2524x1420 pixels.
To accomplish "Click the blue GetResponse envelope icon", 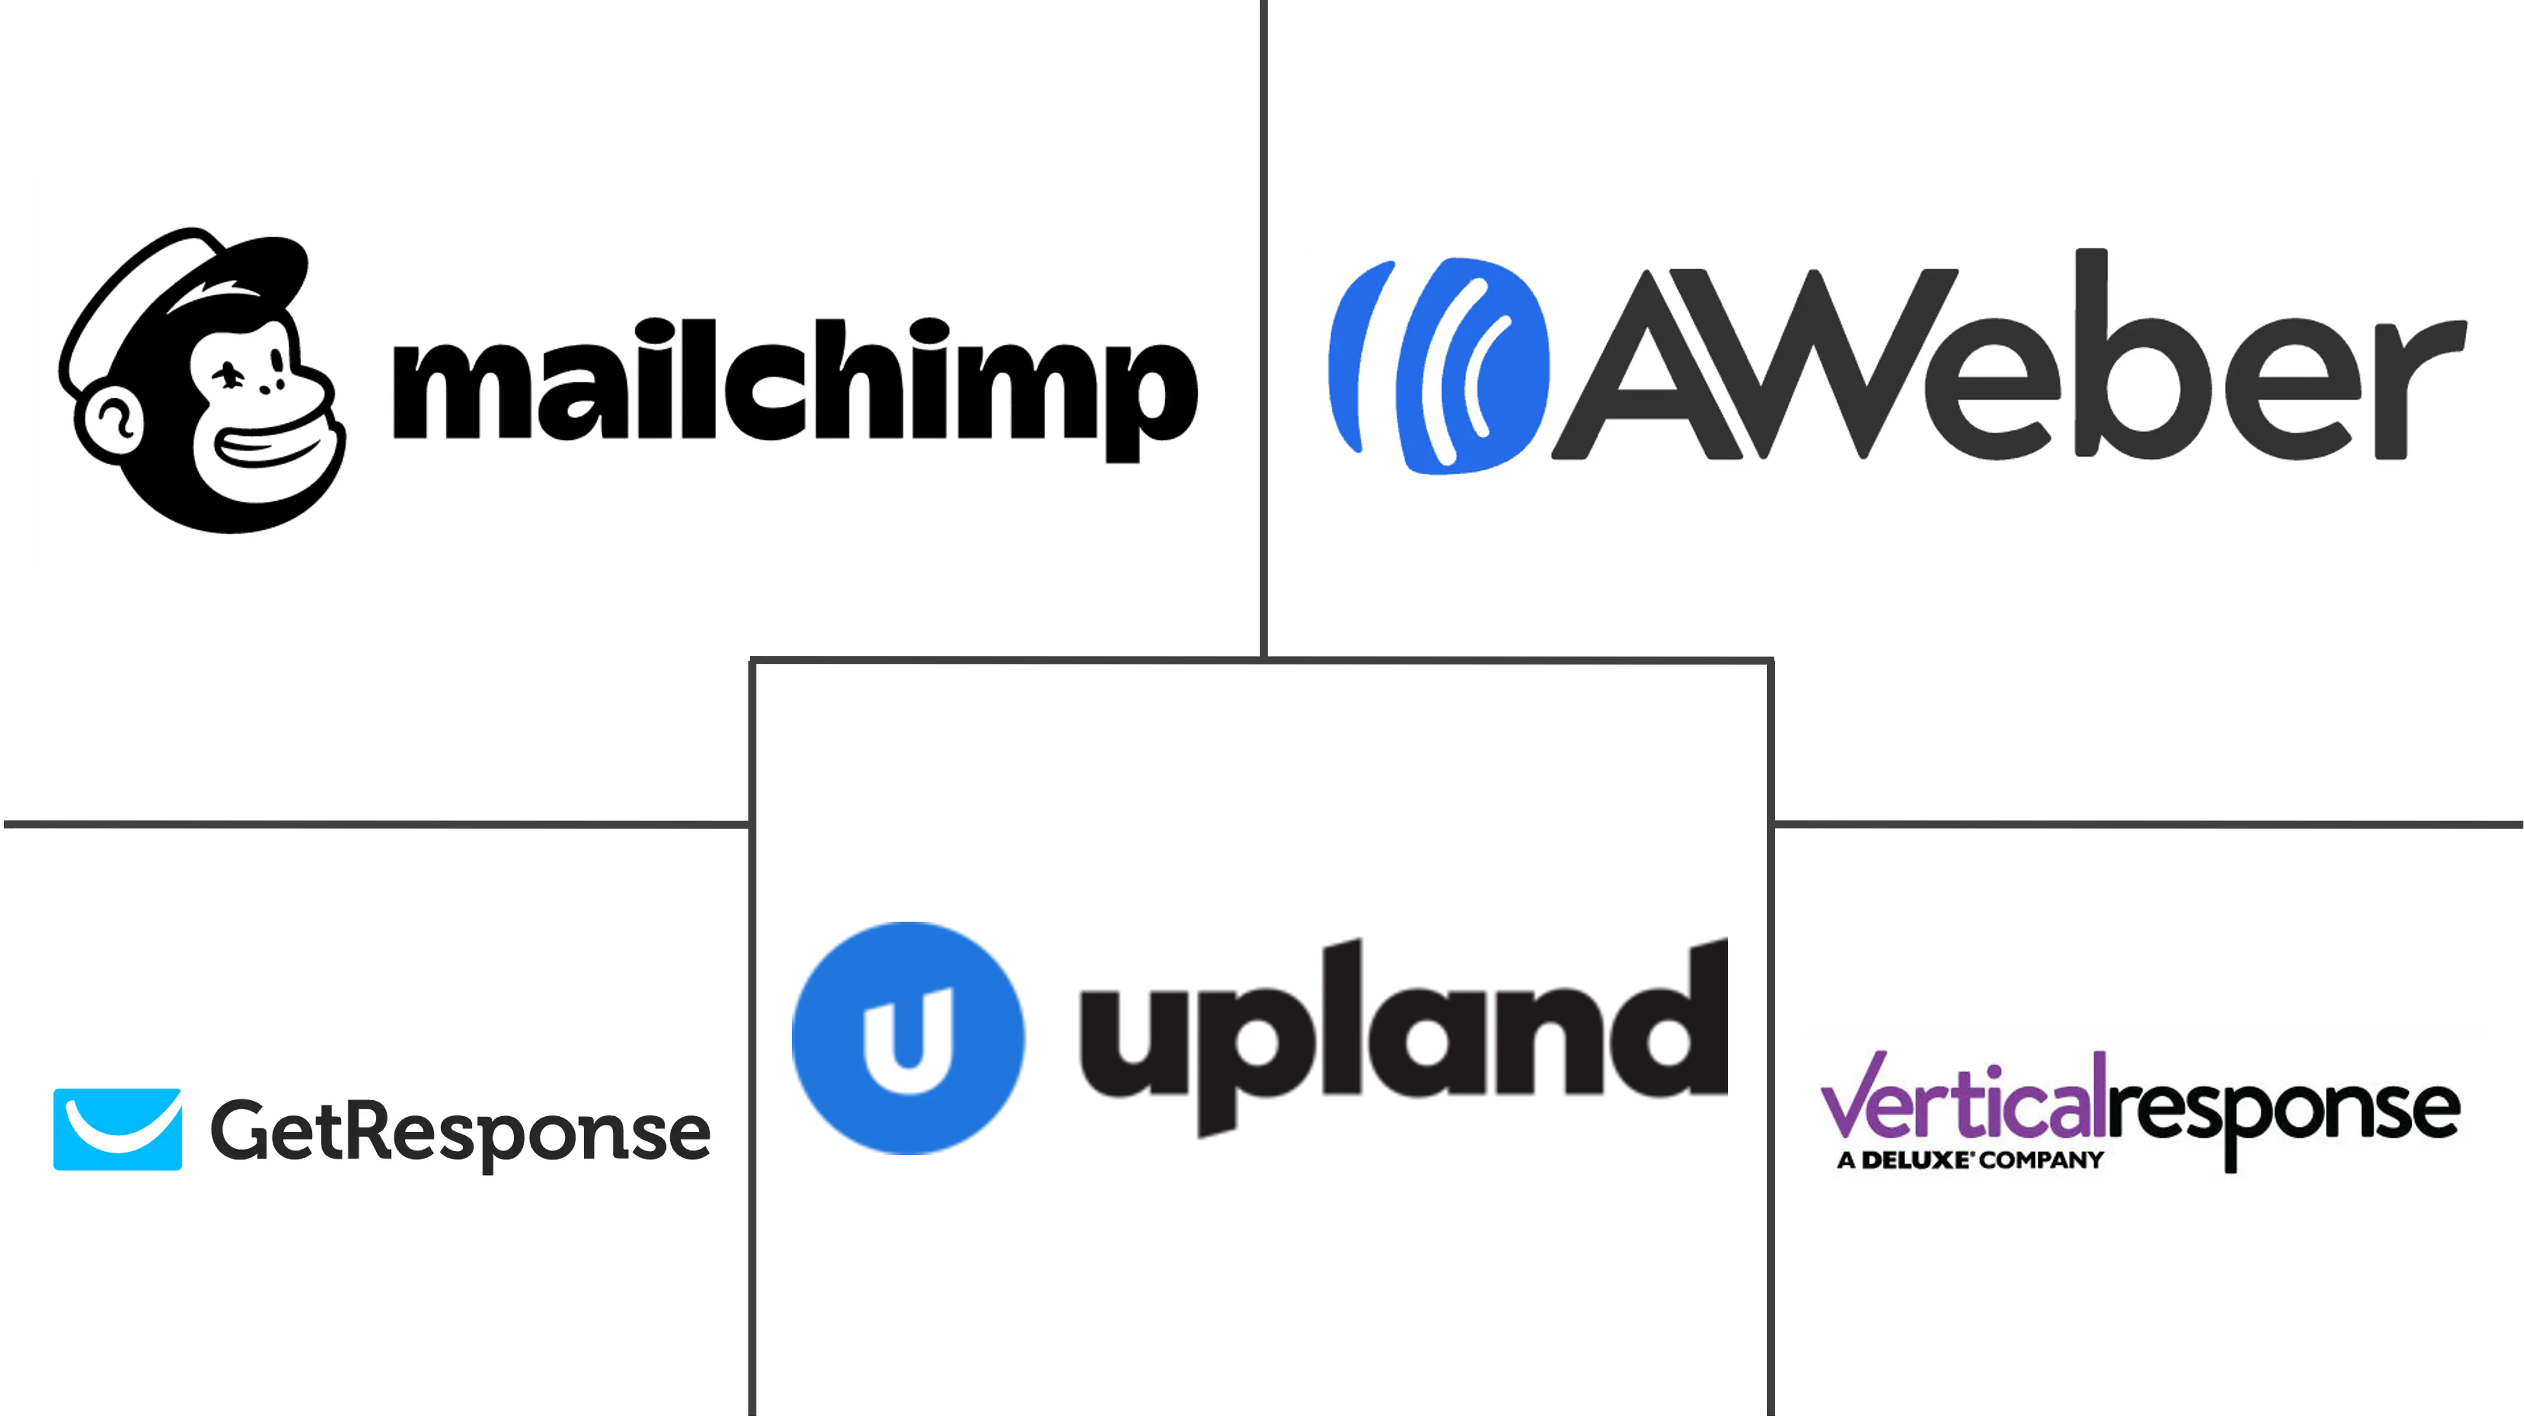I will point(117,1129).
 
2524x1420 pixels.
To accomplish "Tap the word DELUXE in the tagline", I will point(1915,1160).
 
